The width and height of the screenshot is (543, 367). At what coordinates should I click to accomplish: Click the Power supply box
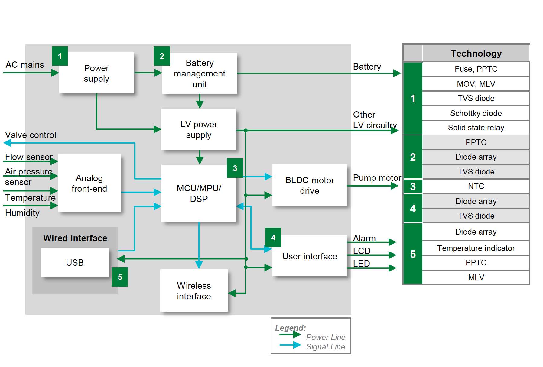96,73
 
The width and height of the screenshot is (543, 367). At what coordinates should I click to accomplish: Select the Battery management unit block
200,73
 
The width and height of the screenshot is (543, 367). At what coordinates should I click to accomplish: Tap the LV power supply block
199,129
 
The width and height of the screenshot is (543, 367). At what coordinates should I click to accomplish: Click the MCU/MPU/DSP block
199,193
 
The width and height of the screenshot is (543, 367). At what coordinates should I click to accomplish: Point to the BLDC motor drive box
310,185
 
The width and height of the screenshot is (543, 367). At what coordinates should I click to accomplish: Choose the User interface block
310,256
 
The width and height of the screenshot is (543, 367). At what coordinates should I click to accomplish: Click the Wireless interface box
194,291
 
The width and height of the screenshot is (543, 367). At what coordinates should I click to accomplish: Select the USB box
75,262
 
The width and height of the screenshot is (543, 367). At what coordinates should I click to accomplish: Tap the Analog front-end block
89,183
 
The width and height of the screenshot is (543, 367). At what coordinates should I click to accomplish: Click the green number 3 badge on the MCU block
235,168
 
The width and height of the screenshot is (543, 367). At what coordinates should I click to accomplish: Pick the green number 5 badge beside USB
120,277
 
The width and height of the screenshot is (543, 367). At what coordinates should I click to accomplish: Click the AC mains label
25,65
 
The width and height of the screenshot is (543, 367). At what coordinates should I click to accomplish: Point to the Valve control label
31,135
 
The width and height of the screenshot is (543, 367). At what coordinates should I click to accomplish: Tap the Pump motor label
377,178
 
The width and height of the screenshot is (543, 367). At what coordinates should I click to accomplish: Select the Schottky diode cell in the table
476,113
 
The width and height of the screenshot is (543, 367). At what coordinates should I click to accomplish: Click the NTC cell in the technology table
476,186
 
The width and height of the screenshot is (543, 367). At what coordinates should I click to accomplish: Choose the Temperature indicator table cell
476,248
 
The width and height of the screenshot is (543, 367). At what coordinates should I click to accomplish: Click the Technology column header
476,54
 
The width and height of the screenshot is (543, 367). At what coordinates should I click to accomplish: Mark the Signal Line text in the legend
325,347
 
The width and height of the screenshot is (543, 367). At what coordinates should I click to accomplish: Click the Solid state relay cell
476,128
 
